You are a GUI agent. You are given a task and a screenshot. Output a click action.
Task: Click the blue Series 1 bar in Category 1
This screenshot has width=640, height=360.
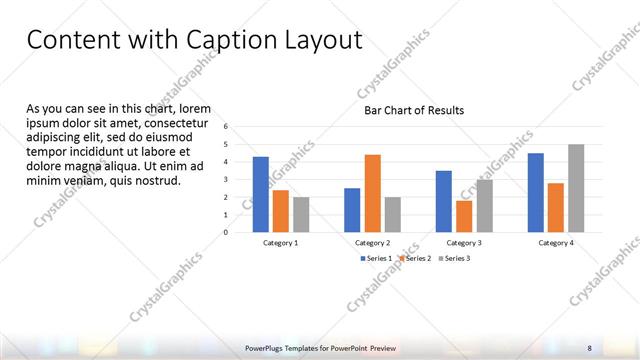(x=260, y=194)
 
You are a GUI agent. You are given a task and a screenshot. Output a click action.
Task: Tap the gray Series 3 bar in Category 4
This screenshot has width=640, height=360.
(x=576, y=188)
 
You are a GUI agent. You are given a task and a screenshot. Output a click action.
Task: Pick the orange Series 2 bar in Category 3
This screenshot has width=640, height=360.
(x=464, y=216)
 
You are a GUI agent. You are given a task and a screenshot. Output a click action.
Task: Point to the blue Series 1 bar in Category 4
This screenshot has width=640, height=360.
(x=536, y=192)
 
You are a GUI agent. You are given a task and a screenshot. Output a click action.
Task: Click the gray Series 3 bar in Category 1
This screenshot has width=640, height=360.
(x=300, y=214)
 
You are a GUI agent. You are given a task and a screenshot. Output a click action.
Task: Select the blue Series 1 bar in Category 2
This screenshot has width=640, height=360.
(x=352, y=210)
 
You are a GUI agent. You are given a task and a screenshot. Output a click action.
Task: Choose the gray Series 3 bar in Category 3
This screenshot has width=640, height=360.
(x=484, y=205)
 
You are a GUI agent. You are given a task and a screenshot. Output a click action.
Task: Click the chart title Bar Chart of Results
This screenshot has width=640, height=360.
(x=413, y=110)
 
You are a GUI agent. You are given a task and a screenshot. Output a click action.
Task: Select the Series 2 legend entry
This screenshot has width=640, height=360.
(x=417, y=258)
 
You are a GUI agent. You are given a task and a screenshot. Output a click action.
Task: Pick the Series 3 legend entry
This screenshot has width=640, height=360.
(x=456, y=258)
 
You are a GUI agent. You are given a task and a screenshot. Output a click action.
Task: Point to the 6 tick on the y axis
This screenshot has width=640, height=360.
(x=226, y=127)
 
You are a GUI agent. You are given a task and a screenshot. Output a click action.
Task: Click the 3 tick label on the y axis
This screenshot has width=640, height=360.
(x=226, y=180)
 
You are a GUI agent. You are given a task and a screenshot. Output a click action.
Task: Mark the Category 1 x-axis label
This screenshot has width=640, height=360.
(x=280, y=243)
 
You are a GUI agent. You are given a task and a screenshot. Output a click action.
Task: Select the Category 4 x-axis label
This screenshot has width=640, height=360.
(x=556, y=243)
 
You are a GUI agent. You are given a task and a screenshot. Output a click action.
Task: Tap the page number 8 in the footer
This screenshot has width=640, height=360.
(x=589, y=347)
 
